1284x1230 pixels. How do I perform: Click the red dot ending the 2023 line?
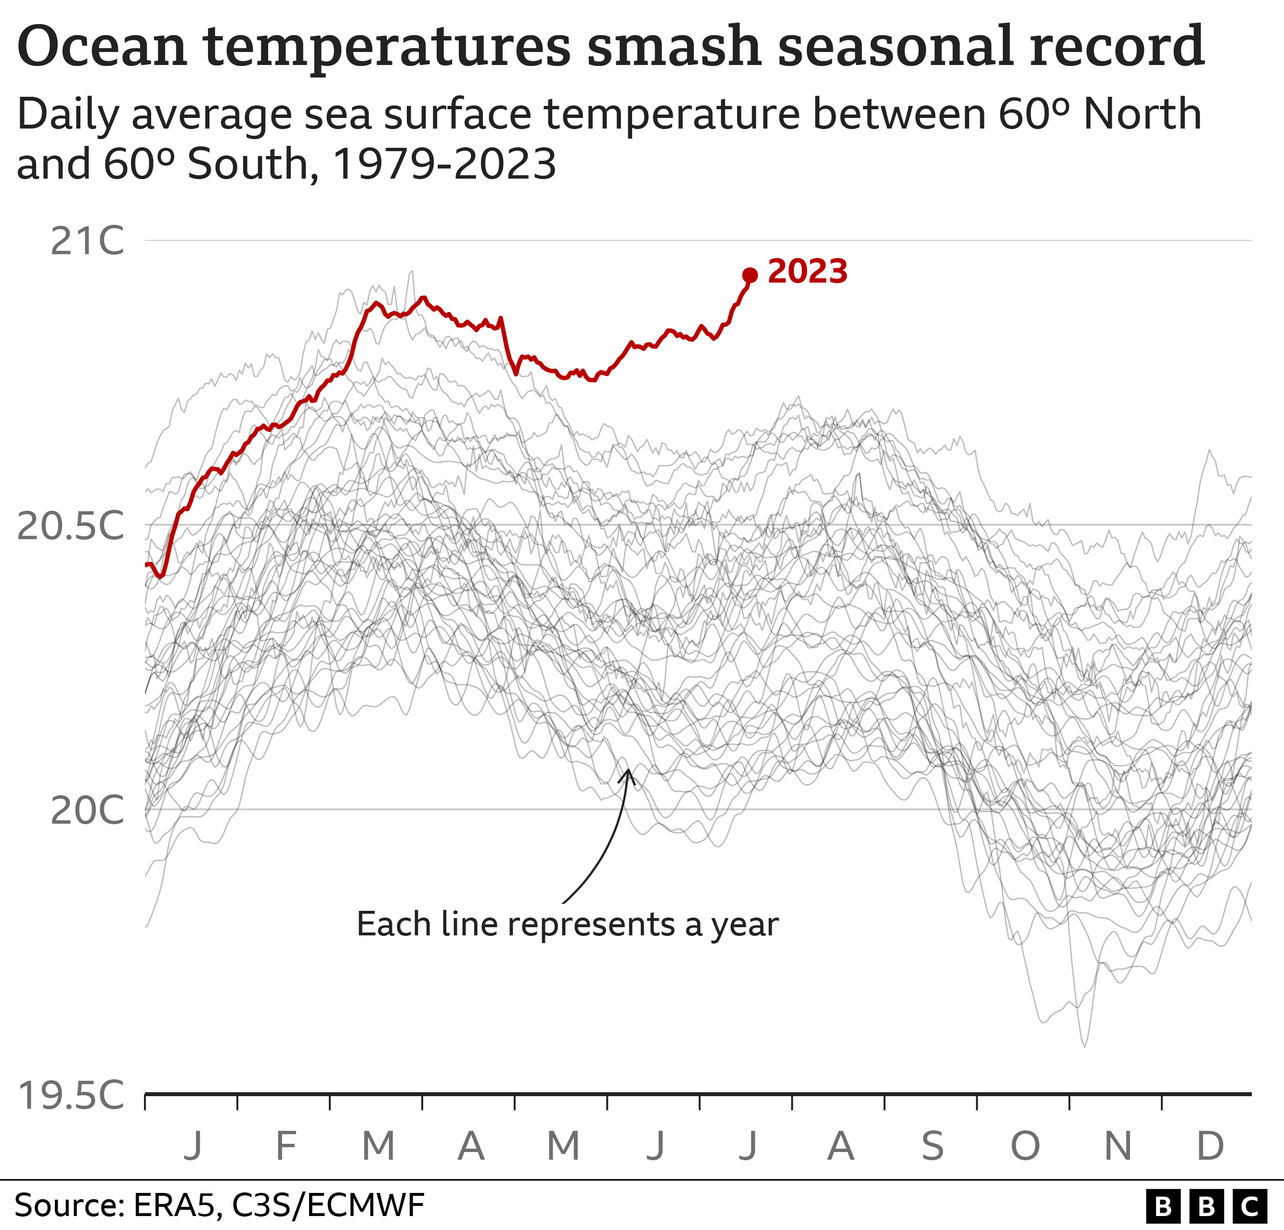pos(750,276)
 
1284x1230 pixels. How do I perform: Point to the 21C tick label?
pos(87,241)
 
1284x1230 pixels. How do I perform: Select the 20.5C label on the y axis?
pos(70,525)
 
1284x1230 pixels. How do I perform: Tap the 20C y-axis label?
pos(87,810)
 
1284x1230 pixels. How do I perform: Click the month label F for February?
pos(285,1145)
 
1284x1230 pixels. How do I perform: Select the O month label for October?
pos(1025,1145)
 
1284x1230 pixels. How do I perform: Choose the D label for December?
pos(1210,1145)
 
